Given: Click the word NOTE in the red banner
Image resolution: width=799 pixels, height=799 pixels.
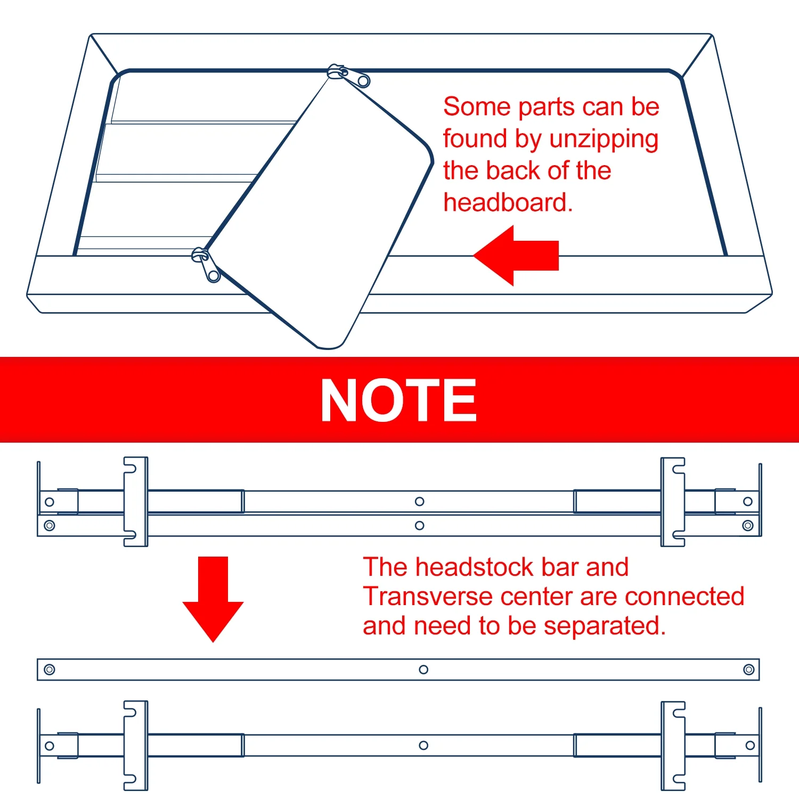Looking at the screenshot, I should [398, 400].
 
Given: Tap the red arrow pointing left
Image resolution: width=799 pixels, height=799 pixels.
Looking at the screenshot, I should [516, 256].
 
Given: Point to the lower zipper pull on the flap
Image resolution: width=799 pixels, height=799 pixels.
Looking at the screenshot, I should [206, 264].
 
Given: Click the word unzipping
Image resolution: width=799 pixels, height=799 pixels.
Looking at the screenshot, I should [604, 140].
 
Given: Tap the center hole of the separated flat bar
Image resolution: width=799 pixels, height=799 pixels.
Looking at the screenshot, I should [423, 670].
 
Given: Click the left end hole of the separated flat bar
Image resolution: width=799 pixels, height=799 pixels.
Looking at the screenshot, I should [50, 670].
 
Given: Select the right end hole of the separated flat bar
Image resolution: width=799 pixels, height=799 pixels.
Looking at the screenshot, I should [748, 670].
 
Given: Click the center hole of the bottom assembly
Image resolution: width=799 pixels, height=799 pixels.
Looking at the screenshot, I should [423, 745].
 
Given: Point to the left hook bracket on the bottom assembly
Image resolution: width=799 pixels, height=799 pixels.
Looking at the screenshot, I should [135, 746].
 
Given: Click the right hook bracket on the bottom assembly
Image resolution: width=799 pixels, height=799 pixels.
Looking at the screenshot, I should [673, 746].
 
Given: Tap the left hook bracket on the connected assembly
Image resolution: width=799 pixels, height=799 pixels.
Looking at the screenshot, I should [135, 502].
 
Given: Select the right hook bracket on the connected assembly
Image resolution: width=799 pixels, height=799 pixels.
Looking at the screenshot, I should [673, 502].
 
